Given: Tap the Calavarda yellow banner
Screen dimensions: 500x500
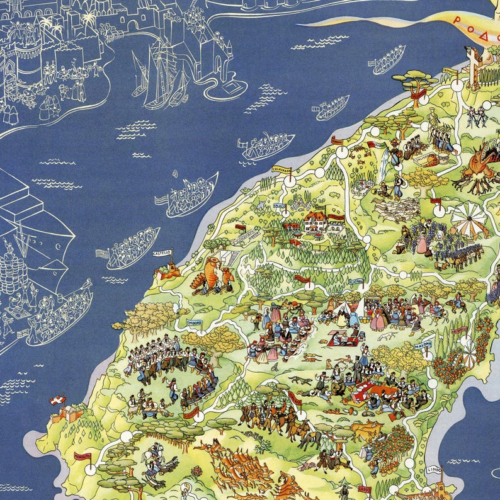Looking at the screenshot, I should (281, 169).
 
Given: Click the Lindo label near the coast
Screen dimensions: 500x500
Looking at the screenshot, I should (434, 469).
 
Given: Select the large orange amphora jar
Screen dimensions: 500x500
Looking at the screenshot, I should (207, 275).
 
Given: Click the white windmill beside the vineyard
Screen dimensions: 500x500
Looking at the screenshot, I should (469, 219).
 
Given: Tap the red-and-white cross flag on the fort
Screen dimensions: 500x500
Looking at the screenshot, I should (57, 401).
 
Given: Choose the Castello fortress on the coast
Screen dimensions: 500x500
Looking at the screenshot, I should (168, 271).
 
